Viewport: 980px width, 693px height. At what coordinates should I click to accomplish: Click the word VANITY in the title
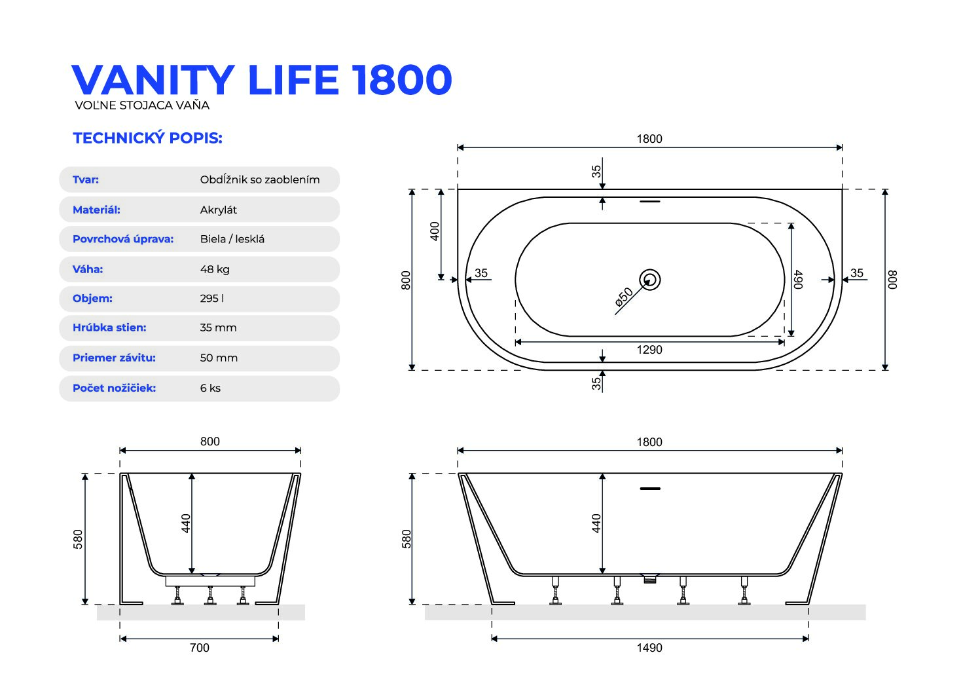tap(153, 80)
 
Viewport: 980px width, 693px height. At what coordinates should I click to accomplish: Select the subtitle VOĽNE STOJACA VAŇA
tap(142, 105)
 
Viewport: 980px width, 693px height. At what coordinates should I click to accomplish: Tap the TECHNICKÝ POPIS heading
tap(147, 138)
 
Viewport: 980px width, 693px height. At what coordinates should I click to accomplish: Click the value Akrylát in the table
tap(218, 210)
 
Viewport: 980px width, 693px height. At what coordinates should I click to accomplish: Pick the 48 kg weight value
tap(215, 269)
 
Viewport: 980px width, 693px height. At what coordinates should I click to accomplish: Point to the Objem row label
tap(92, 299)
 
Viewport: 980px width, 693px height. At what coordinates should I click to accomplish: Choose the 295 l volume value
tap(211, 299)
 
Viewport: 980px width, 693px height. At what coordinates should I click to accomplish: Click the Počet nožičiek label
tap(114, 388)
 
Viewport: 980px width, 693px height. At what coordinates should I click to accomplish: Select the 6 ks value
tap(210, 388)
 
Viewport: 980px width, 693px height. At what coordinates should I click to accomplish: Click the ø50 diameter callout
tap(624, 297)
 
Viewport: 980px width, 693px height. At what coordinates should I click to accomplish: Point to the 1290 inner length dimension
tap(649, 350)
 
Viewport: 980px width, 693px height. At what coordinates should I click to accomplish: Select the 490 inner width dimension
tap(798, 280)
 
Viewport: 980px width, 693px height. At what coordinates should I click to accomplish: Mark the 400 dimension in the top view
tap(435, 231)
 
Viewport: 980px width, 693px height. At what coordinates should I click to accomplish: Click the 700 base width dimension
tap(200, 647)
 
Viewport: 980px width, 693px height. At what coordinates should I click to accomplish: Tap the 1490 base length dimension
tap(649, 647)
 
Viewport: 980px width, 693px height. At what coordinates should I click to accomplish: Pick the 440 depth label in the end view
tap(186, 523)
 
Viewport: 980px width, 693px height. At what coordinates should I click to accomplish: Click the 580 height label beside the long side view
tap(407, 539)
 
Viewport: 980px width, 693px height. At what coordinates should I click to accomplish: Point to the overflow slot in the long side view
tap(650, 489)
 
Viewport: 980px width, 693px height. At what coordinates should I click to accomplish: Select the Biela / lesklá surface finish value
tap(232, 239)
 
